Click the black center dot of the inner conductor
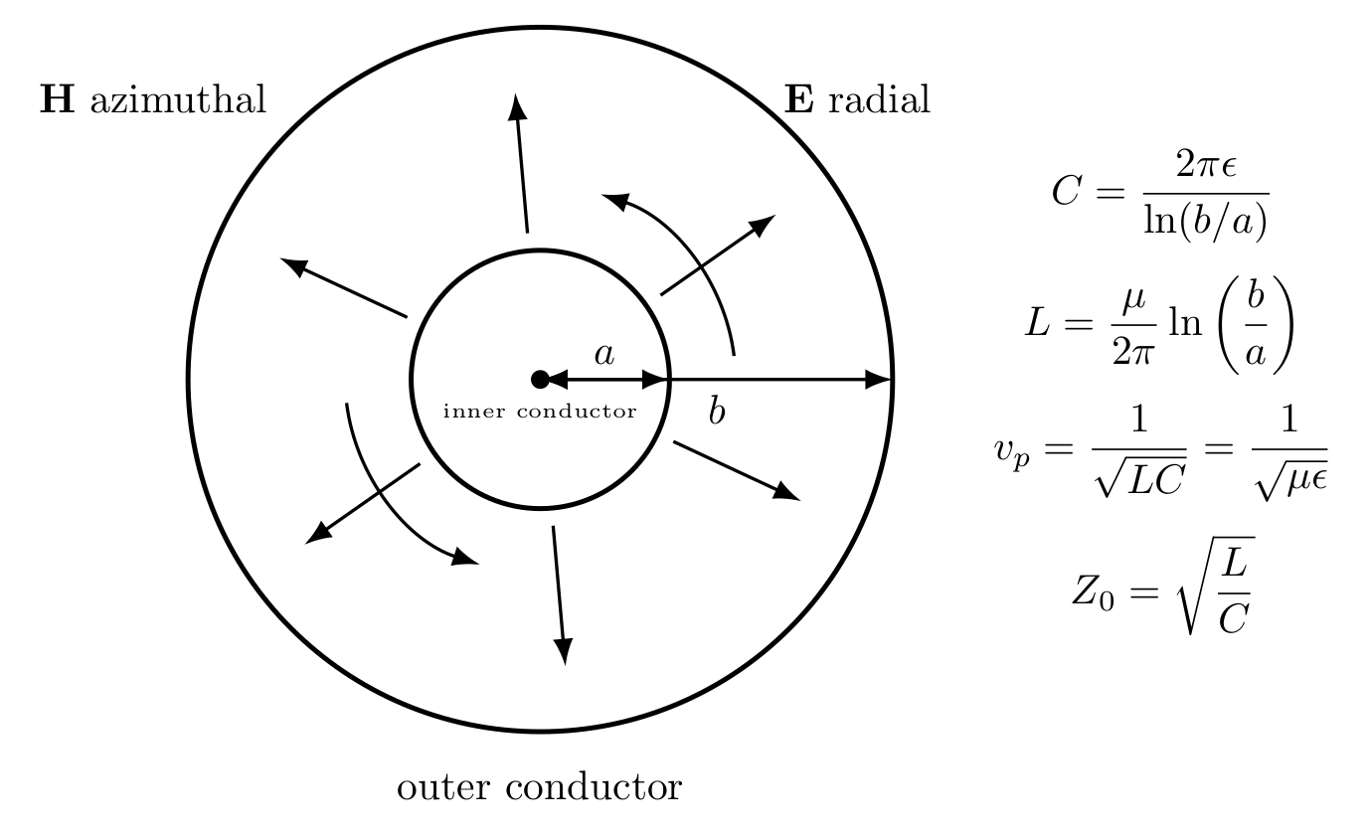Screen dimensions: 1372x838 (x=540, y=380)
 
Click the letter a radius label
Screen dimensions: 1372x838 (x=603, y=354)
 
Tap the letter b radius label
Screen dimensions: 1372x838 (x=717, y=410)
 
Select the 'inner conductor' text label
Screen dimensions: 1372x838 (x=540, y=411)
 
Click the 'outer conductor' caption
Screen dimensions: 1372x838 (x=540, y=786)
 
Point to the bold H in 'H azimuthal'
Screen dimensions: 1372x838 (x=57, y=98)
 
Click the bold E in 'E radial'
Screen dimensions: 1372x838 (x=799, y=98)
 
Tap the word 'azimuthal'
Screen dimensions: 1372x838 (x=179, y=98)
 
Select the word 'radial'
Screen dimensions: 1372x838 (x=880, y=98)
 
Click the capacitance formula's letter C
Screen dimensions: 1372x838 (x=1066, y=191)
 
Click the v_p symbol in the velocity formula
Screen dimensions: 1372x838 (x=1012, y=453)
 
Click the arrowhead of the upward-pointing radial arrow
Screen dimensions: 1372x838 (x=518, y=106)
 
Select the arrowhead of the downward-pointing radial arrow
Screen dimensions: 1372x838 (x=563, y=651)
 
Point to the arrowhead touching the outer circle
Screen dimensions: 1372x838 (x=878, y=380)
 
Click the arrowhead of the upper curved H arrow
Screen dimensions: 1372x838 (x=615, y=201)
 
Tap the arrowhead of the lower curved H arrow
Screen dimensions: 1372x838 (x=465, y=558)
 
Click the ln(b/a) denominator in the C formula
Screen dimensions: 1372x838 (x=1205, y=221)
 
